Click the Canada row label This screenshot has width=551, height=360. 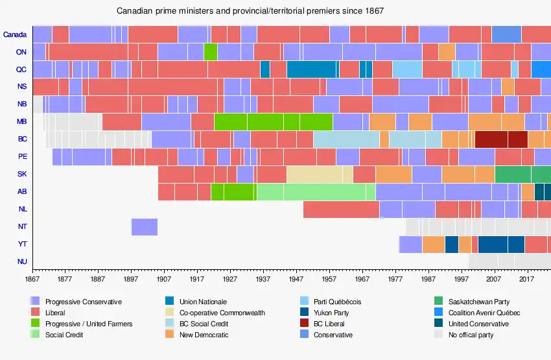pos(14,34)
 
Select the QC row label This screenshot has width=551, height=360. pos(21,69)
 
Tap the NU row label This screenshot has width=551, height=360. pos(21,262)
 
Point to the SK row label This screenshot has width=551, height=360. pos(21,174)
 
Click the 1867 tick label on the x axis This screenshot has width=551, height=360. pos(32,279)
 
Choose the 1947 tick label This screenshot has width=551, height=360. pos(296,279)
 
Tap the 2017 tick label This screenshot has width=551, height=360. pos(528,279)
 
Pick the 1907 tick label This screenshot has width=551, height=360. pos(164,279)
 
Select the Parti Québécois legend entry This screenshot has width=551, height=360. pos(337,302)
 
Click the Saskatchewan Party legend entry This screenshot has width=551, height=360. pos(478,302)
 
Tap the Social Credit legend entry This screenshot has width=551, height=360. pos(64,335)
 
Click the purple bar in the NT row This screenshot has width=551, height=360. pos(145,227)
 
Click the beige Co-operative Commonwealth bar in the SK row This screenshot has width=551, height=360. pos(319,174)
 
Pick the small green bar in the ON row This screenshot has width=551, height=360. pos(210,52)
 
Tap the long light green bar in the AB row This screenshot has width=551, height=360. pos(316,192)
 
